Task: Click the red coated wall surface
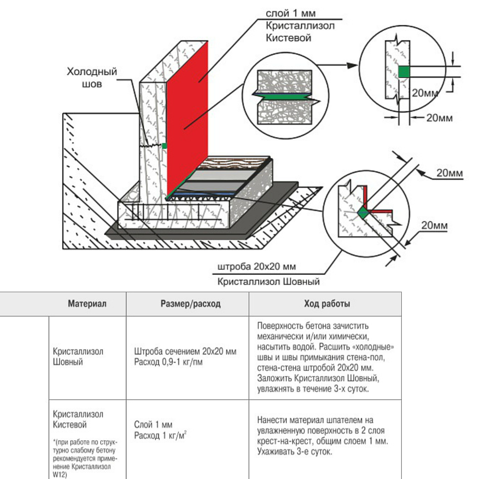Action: click(x=187, y=119)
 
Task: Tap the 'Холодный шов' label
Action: click(x=92, y=78)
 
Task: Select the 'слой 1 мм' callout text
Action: click(x=291, y=13)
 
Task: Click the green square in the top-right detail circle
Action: click(x=404, y=72)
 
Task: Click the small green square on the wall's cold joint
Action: click(x=165, y=146)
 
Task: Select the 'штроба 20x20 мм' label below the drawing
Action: click(x=257, y=267)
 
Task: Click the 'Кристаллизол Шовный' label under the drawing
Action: click(x=268, y=281)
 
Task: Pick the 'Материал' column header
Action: click(x=87, y=304)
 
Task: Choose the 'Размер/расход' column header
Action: click(x=191, y=304)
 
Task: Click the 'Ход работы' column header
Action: click(x=327, y=304)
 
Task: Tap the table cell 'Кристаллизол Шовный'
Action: click(x=78, y=357)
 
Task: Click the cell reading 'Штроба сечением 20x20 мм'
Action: click(x=185, y=351)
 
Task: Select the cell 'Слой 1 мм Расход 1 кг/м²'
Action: click(x=161, y=430)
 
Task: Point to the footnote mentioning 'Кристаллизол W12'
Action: click(x=85, y=458)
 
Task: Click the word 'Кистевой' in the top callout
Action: click(x=288, y=38)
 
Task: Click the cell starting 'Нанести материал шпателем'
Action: click(x=322, y=436)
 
